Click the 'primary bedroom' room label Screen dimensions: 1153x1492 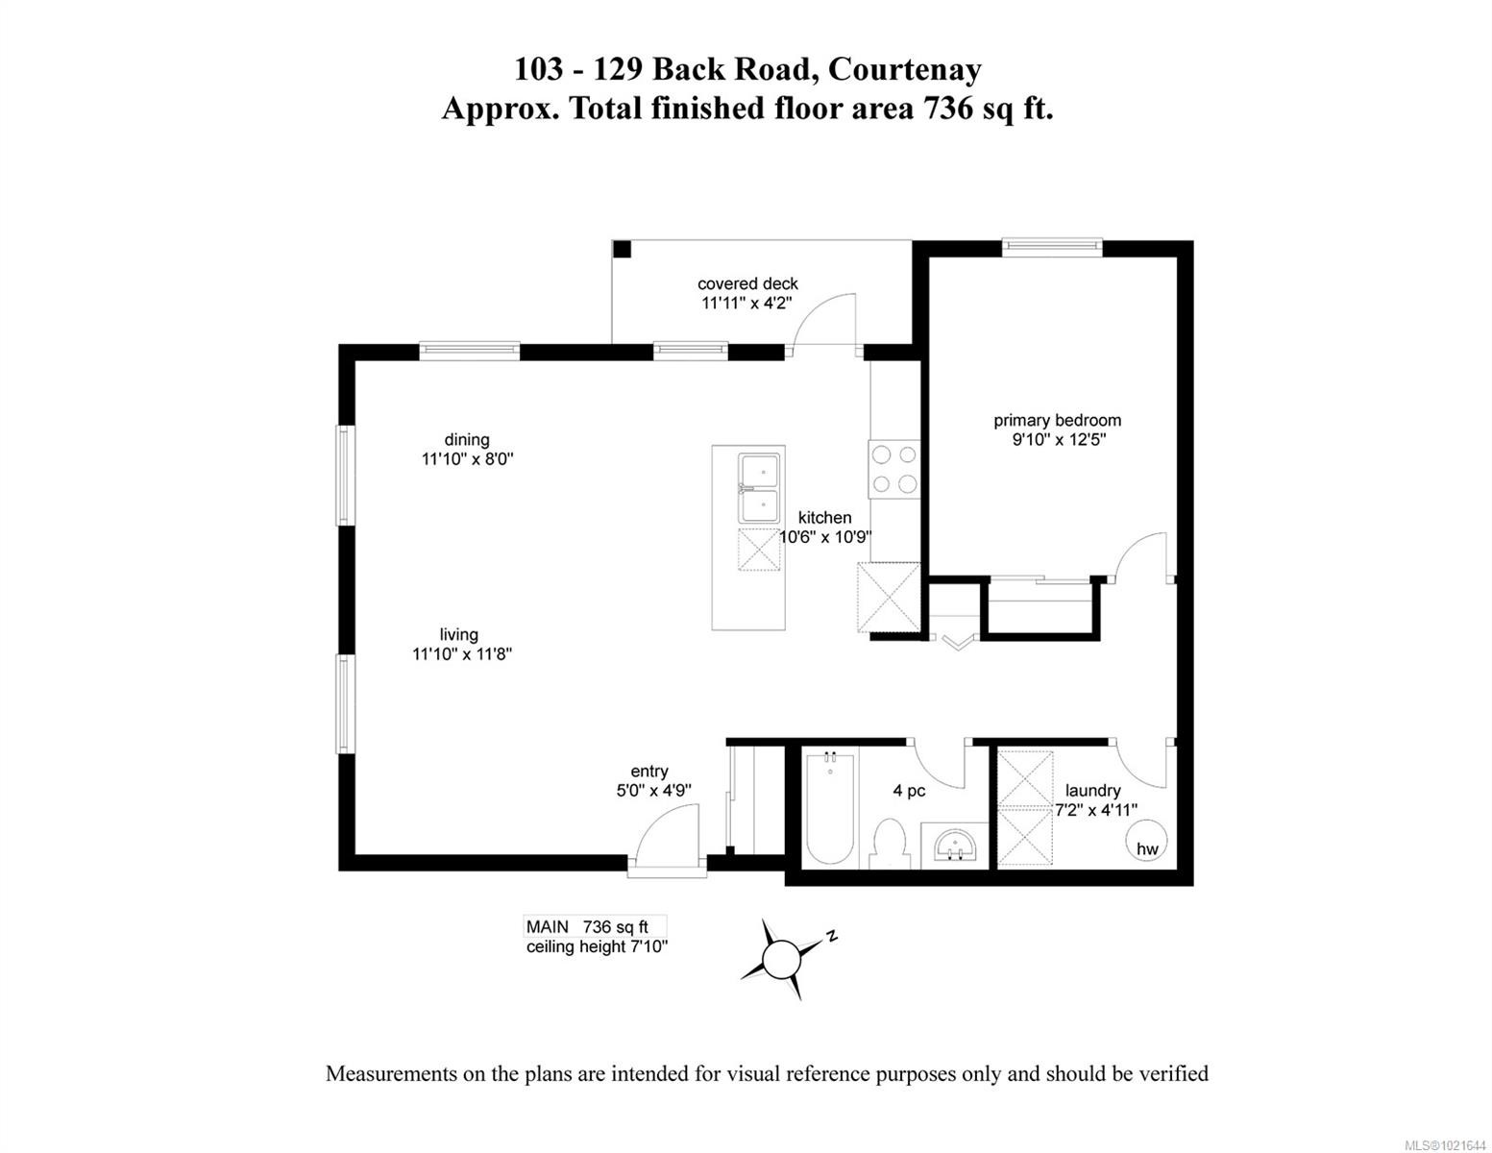[1057, 420]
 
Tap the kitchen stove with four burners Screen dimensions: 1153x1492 [893, 468]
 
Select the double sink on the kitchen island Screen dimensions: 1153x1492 [758, 488]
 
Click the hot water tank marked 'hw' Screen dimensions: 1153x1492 [1146, 842]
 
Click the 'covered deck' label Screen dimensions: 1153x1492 [747, 283]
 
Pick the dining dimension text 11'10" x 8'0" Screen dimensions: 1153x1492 [468, 459]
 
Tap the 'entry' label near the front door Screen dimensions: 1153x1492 [649, 771]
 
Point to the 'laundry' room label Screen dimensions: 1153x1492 [1093, 790]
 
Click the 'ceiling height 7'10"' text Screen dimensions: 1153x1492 [597, 946]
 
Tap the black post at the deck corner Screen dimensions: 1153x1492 [622, 249]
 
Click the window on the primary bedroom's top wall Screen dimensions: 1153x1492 [1052, 248]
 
